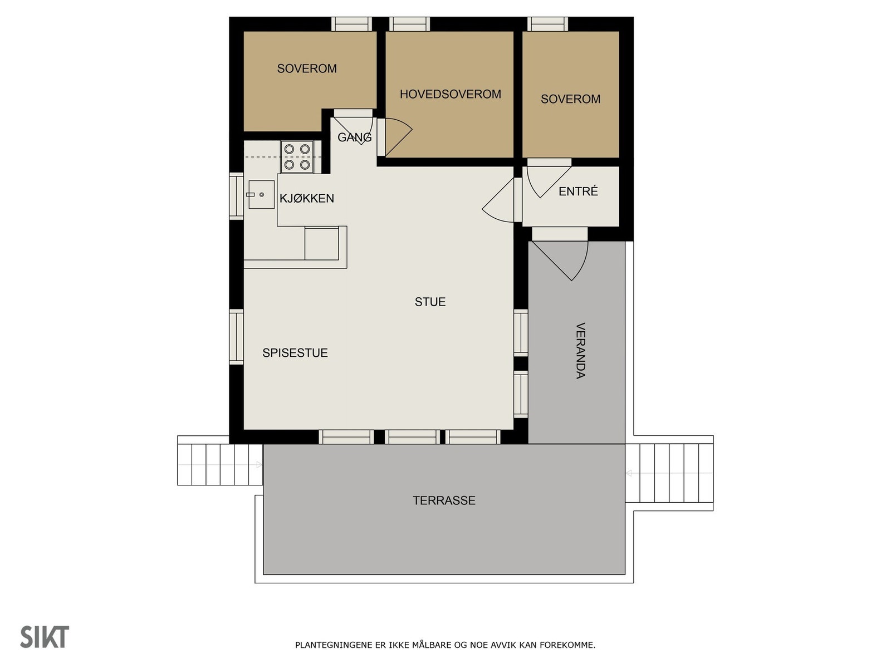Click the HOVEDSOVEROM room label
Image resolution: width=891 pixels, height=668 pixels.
tap(450, 94)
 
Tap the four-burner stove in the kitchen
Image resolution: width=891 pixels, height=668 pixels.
tap(297, 157)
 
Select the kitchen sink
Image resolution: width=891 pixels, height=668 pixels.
tap(261, 195)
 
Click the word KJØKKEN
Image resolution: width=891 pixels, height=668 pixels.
tap(307, 198)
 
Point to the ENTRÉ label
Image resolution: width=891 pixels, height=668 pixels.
tap(578, 191)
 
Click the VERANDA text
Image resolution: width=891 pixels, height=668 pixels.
tap(580, 351)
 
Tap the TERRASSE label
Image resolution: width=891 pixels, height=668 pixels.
tap(444, 500)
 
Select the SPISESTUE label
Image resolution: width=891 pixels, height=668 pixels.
tap(295, 353)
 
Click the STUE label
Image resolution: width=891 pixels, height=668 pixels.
tap(430, 302)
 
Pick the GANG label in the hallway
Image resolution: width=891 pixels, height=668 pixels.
tap(354, 137)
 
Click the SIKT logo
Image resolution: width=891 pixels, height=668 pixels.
tap(45, 637)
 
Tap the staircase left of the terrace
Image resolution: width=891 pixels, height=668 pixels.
tap(219, 464)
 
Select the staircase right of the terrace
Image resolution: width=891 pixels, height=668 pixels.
tap(669, 473)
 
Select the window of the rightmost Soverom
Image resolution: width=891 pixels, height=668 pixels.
tap(547, 24)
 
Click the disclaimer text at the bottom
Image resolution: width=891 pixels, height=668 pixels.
tap(445, 645)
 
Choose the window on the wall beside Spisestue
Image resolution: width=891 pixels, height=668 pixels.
tap(237, 337)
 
